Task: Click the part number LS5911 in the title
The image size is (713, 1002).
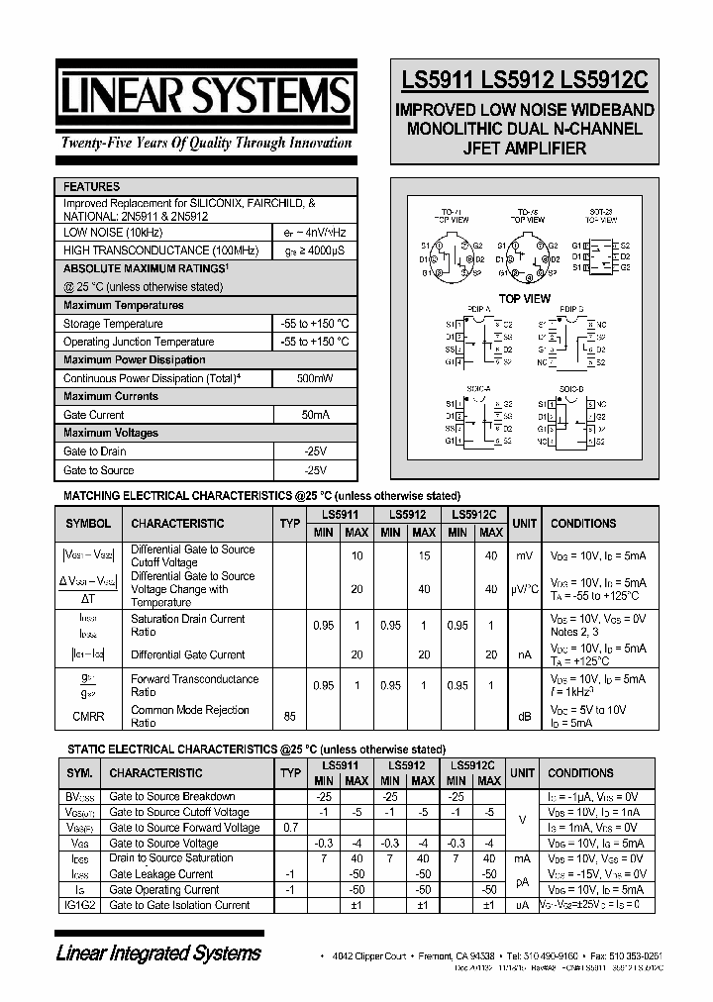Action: [x=437, y=83]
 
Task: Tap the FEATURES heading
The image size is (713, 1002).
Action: [x=91, y=186]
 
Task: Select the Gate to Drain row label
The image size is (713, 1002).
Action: [x=94, y=451]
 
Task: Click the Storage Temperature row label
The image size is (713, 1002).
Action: [x=113, y=324]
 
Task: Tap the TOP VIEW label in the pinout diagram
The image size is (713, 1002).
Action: [x=524, y=298]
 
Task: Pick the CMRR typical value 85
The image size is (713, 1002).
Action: [x=289, y=715]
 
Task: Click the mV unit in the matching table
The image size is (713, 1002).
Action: [x=524, y=555]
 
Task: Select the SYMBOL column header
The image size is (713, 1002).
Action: [x=88, y=524]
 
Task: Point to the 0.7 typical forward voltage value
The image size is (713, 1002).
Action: [x=289, y=827]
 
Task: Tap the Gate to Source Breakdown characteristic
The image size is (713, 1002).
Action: [x=171, y=796]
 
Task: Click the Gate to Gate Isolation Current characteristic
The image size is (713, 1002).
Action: [x=179, y=905]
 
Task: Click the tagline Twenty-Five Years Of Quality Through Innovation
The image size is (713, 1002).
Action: [x=206, y=143]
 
